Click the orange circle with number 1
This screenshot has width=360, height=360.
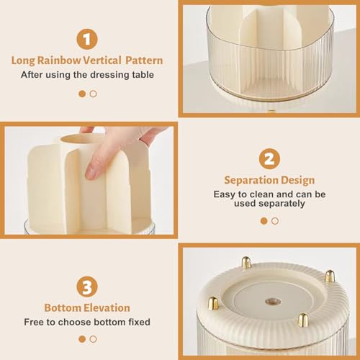tap(87, 37)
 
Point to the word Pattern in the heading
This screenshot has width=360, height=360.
tap(145, 60)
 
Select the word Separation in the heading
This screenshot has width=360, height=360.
tap(247, 180)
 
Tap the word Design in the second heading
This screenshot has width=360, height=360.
tap(299, 180)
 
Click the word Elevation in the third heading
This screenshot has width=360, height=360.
tap(108, 308)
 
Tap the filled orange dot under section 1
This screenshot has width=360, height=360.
tap(82, 94)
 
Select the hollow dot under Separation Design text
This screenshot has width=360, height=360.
tap(274, 221)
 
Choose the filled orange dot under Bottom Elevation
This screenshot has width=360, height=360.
tap(82, 338)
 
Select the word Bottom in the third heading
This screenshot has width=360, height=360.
tap(61, 308)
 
